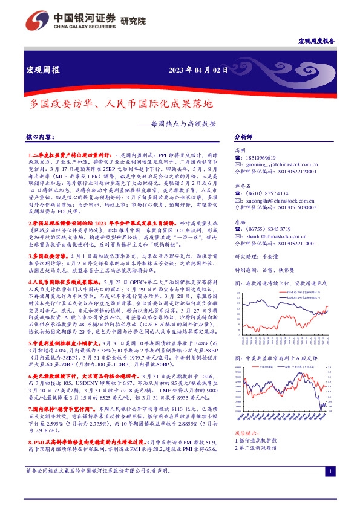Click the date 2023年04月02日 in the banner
(198, 70)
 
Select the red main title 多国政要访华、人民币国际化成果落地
(113, 104)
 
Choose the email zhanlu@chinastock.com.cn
(275, 234)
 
